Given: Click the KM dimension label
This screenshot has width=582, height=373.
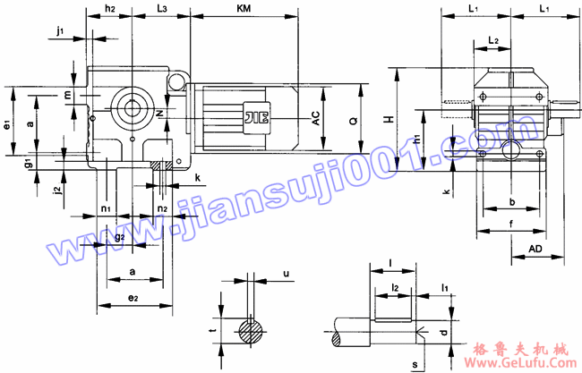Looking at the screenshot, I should pos(244,8).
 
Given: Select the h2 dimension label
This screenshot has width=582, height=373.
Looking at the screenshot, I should pos(110,8).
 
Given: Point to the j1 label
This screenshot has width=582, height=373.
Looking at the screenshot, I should pos(60,31).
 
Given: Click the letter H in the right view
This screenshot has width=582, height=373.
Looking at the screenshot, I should pos(388,118).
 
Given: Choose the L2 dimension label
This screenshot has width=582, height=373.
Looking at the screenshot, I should pos(493,40).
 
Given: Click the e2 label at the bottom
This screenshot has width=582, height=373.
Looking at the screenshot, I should pos(133,296).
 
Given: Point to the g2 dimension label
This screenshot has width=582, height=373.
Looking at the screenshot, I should pos(119,237).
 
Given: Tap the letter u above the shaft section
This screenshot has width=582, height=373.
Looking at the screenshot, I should pos(286,273).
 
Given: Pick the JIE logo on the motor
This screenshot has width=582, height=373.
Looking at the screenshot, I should pos(252,115).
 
